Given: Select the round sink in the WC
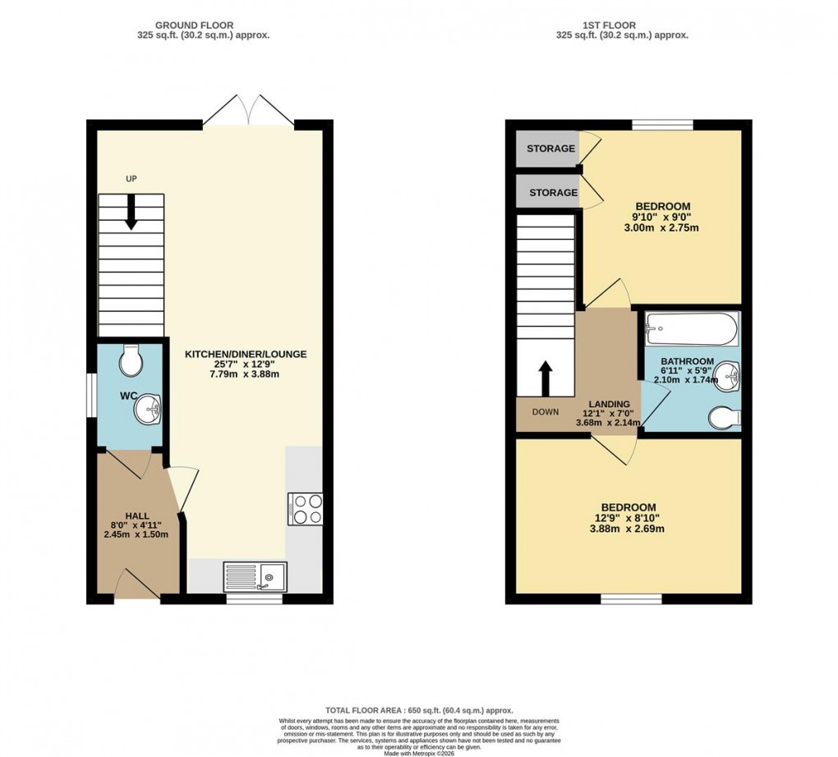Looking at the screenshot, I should (x=150, y=406).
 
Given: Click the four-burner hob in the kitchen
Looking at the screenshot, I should (x=305, y=507).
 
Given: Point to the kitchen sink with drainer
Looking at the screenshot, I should (x=255, y=576).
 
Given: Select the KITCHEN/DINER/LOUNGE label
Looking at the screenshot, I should (x=245, y=355).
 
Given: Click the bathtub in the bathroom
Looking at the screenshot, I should (x=691, y=331).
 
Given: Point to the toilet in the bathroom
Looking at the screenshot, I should (x=724, y=416).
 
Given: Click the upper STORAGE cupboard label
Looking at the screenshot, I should (x=551, y=149).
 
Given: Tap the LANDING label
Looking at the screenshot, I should (x=608, y=404).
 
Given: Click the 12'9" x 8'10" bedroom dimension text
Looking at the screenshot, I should (x=628, y=518).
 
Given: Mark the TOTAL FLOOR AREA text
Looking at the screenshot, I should (x=419, y=710).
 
